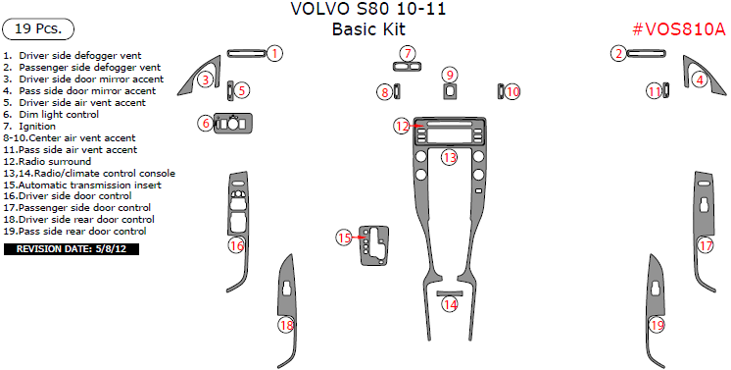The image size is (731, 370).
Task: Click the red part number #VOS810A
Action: pyautogui.click(x=679, y=29)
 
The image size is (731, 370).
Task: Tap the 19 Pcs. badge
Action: pyautogui.click(x=38, y=29)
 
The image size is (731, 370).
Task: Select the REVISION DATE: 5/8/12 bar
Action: pyautogui.click(x=72, y=249)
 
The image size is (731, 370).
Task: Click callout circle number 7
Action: pyautogui.click(x=408, y=54)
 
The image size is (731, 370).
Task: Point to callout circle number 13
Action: pyautogui.click(x=450, y=157)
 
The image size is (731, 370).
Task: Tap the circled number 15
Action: pyautogui.click(x=344, y=238)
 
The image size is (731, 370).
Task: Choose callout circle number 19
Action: pyautogui.click(x=657, y=325)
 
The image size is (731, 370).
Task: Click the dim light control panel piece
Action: pyautogui.click(x=233, y=124)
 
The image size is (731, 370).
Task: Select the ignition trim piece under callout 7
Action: pyautogui.click(x=408, y=68)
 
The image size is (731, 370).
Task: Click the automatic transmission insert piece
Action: pyautogui.click(x=374, y=245)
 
